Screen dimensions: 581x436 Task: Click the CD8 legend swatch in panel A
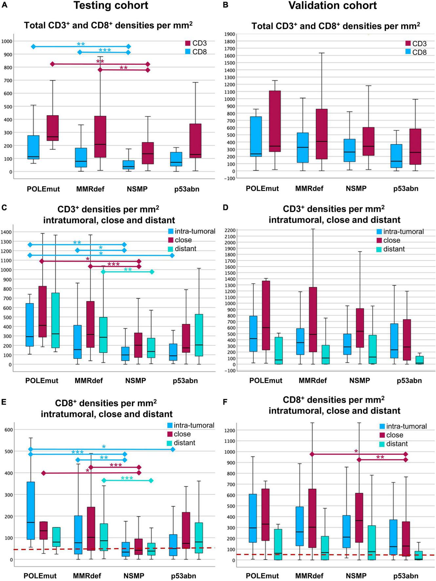(188, 52)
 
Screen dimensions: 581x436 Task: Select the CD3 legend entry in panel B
(416, 44)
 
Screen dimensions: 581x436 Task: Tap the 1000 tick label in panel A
(7, 41)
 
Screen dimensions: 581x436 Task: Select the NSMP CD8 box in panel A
(129, 165)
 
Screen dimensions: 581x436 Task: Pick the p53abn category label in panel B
(406, 189)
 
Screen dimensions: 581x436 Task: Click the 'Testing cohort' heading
(111, 6)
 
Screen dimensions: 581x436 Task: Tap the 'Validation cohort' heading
(332, 6)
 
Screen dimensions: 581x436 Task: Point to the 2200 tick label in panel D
(229, 230)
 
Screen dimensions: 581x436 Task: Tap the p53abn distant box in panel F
(419, 555)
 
